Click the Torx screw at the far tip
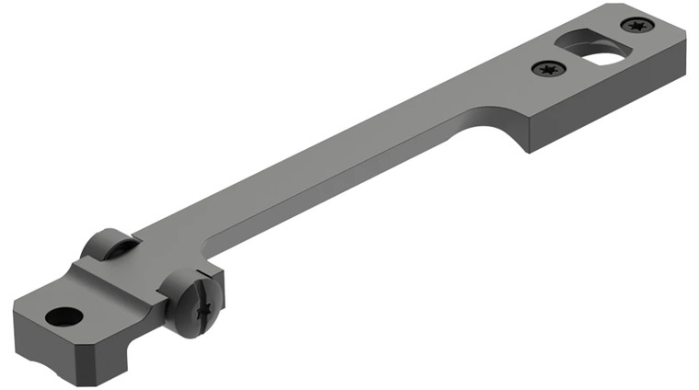[x=636, y=25]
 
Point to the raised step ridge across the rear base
[x=129, y=276]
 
